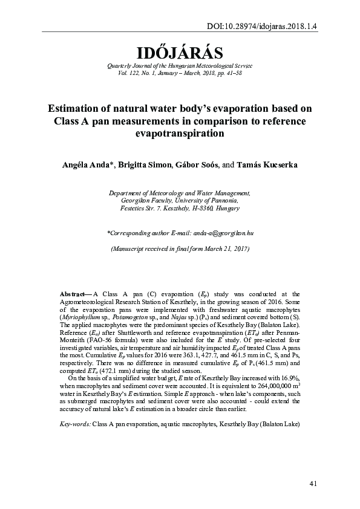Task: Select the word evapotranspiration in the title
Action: coord(180,134)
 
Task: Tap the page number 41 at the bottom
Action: coord(313,483)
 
